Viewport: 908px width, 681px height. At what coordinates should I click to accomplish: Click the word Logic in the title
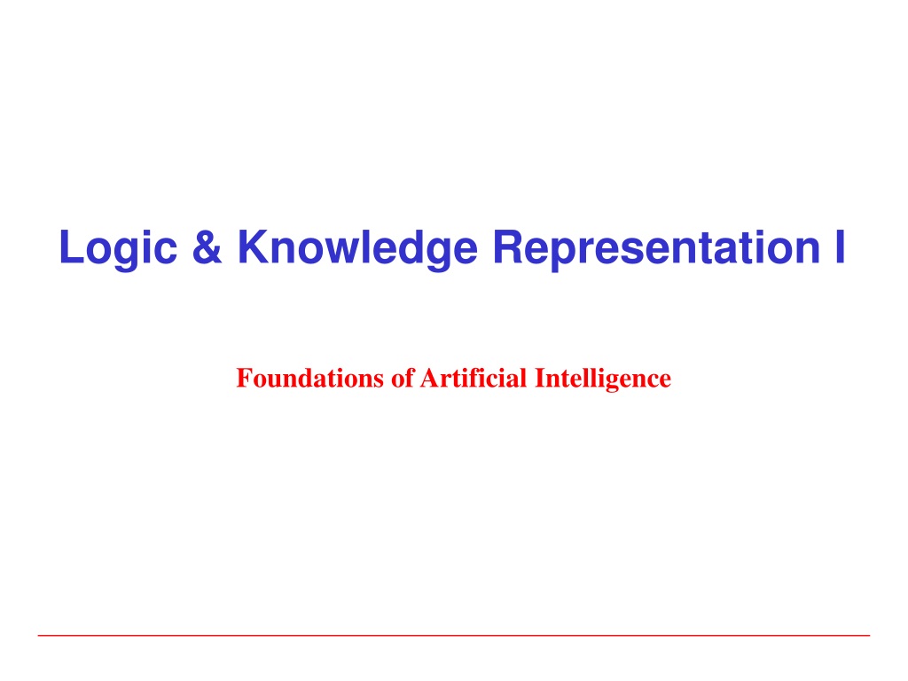point(118,249)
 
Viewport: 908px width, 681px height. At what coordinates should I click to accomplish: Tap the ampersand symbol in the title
point(207,247)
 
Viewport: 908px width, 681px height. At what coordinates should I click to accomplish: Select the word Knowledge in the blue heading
point(358,249)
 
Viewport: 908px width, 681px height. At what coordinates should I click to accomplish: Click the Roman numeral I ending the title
point(841,247)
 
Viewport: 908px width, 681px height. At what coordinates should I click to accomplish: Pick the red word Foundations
point(309,378)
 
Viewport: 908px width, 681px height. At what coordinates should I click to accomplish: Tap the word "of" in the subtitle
point(403,378)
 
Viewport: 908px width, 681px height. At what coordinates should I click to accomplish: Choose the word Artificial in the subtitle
point(474,378)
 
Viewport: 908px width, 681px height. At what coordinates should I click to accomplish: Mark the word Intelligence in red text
point(603,380)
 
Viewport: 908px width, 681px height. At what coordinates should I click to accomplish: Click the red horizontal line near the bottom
point(454,635)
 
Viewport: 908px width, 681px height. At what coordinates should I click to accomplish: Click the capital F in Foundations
point(244,378)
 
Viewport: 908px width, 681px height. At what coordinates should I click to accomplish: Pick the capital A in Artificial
point(429,378)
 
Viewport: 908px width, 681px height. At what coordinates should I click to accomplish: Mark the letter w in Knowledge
point(339,251)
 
